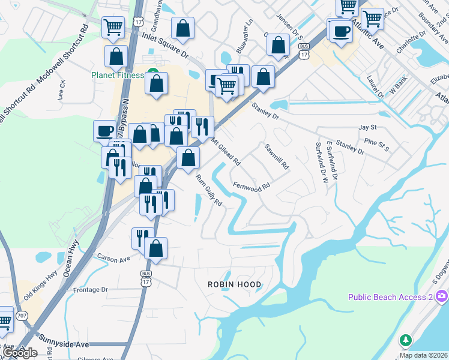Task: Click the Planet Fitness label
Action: coord(118,75)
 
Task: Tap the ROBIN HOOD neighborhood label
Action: coord(235,284)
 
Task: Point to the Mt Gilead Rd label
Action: coord(226,152)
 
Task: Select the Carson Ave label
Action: coord(113,259)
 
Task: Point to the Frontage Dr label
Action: coord(89,289)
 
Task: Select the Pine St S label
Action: coord(377,144)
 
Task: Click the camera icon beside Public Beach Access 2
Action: coord(442,296)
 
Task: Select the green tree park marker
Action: coord(406,341)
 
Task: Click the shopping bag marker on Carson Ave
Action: coord(155,248)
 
